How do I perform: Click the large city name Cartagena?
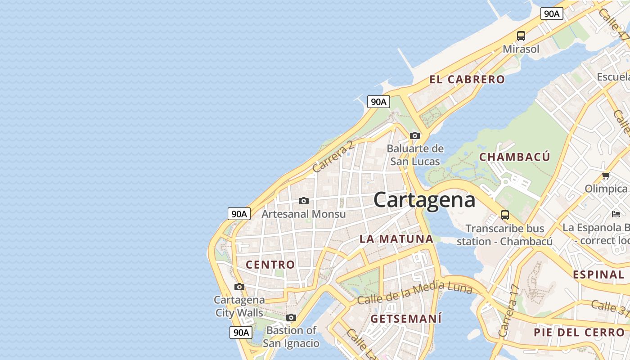[x=424, y=200]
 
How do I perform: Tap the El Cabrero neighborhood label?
[x=467, y=80]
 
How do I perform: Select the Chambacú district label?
[x=514, y=157]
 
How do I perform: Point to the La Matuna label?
[x=396, y=239]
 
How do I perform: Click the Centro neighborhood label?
[x=270, y=265]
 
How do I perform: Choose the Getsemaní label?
[x=406, y=319]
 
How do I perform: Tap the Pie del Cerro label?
[x=579, y=333]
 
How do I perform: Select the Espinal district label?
[x=598, y=274]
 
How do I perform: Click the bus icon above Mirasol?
[x=521, y=36]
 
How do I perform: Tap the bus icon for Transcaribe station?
[x=505, y=215]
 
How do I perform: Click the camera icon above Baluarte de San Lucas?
[x=415, y=135]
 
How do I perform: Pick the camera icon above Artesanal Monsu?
[x=304, y=201]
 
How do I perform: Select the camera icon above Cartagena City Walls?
[x=239, y=287]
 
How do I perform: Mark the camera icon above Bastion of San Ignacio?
[x=291, y=318]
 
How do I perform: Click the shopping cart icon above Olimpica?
[x=606, y=175]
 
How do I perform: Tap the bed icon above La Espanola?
[x=616, y=214]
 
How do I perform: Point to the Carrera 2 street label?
[x=333, y=157]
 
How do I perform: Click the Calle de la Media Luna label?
[x=414, y=292]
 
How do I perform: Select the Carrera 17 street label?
[x=509, y=311]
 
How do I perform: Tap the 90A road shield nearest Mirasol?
[x=552, y=13]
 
